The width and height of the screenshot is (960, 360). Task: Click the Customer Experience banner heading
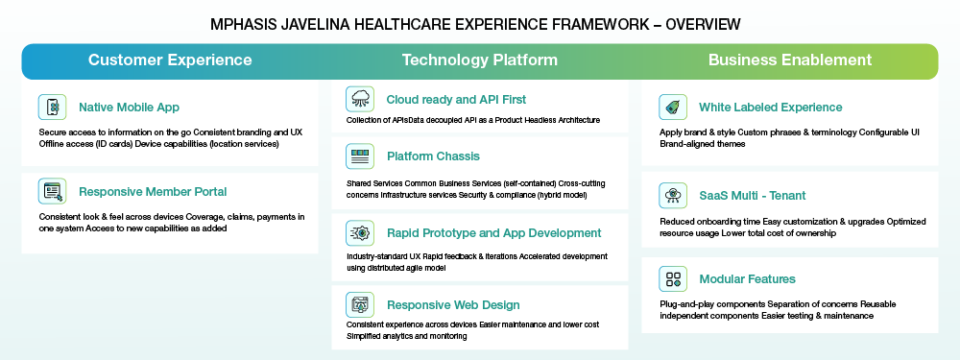[170, 60]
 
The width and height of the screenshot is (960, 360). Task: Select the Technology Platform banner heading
[479, 60]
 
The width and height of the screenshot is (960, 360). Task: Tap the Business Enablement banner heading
[790, 60]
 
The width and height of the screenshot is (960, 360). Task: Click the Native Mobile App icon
[53, 108]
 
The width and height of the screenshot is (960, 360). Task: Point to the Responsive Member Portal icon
[53, 191]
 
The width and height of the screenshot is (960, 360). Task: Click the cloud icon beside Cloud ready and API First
[360, 99]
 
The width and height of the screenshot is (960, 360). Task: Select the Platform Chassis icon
[360, 156]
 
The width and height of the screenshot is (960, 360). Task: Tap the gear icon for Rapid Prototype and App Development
[360, 233]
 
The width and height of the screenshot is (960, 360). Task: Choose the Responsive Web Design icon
[360, 305]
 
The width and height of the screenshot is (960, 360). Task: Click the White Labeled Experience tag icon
[674, 108]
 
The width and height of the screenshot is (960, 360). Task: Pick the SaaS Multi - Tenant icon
[674, 195]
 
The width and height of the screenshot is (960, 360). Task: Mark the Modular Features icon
[674, 279]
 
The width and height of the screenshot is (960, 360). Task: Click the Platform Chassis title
[434, 156]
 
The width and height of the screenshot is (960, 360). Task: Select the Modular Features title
[748, 279]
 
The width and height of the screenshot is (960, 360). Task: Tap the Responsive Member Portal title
[153, 192]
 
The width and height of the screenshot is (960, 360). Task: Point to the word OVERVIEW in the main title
[703, 25]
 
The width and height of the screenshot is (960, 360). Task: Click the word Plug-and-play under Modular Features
[682, 304]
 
